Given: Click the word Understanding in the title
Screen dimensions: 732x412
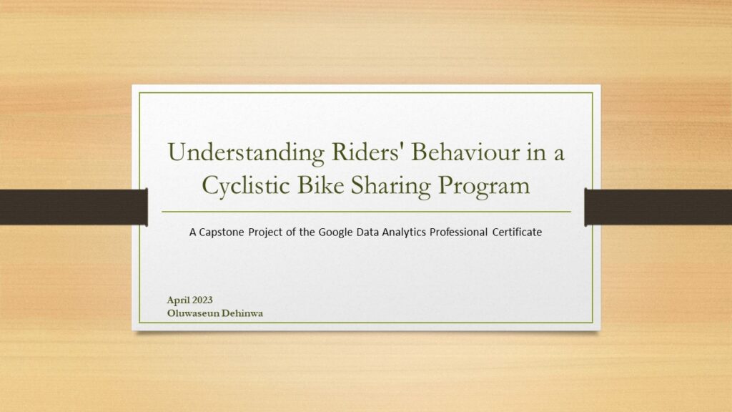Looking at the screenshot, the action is (x=246, y=153).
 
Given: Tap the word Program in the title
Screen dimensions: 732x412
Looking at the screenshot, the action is (x=484, y=186).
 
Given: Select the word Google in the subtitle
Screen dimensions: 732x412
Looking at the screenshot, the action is (x=335, y=232).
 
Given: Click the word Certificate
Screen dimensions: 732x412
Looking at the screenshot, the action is (x=518, y=232).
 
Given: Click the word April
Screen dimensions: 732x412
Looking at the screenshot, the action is (x=177, y=300).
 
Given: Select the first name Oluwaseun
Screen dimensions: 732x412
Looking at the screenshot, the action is (x=193, y=313).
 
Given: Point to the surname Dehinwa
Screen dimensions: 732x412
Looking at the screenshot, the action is (x=242, y=313).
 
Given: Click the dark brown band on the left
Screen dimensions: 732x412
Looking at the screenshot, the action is (x=74, y=207).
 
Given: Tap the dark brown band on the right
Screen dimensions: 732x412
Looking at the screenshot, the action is (x=658, y=207).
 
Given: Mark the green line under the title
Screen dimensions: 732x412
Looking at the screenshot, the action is (x=367, y=212).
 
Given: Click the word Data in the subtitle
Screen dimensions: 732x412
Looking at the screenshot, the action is (x=367, y=232).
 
